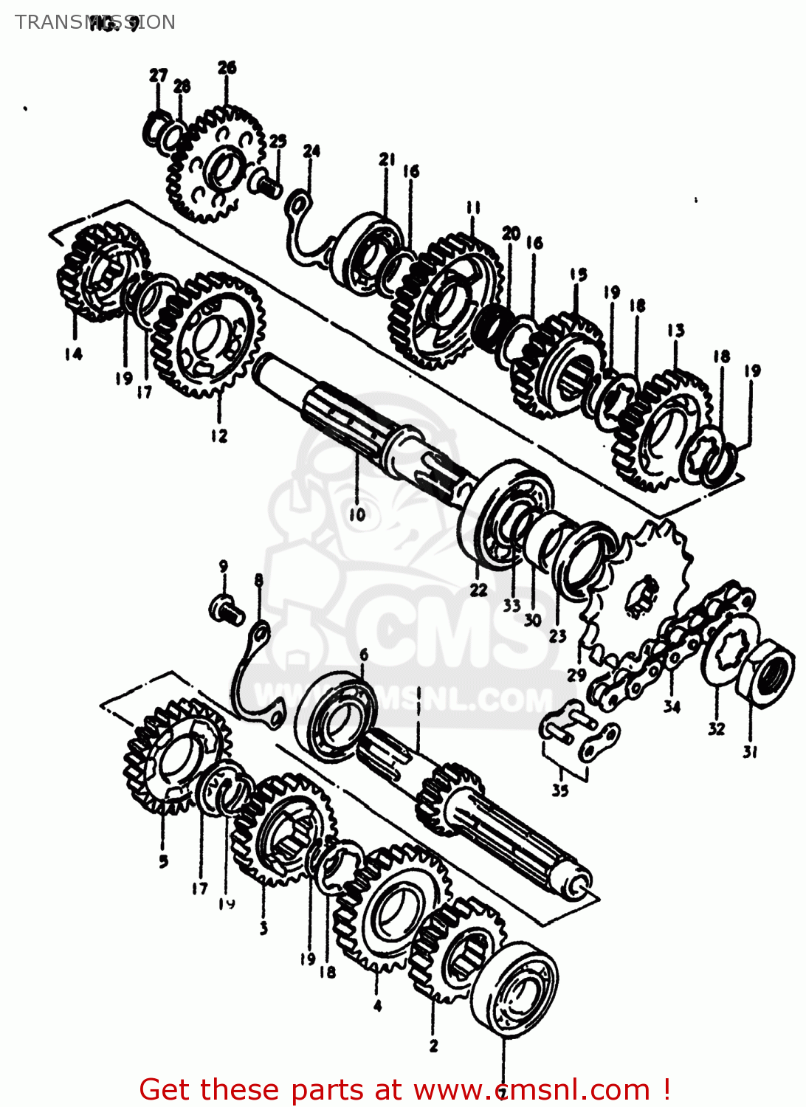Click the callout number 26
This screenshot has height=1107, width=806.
[x=227, y=67]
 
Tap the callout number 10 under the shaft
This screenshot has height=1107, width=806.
[x=356, y=514]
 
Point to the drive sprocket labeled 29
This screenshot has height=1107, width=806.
[x=642, y=590]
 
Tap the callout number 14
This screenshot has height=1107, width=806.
[x=73, y=354]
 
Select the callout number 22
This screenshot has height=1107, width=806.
[x=478, y=590]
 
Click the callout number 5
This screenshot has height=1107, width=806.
[x=163, y=861]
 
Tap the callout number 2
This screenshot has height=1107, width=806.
[x=433, y=1045]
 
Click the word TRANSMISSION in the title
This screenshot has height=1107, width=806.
[x=94, y=22]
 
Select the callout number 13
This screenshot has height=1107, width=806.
[x=675, y=330]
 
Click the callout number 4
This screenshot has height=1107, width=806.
[x=377, y=1005]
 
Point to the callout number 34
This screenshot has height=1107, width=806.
[x=671, y=706]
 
